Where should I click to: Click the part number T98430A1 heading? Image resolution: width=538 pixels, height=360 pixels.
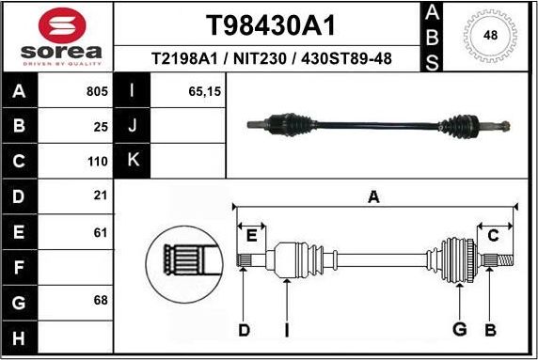click(x=271, y=23)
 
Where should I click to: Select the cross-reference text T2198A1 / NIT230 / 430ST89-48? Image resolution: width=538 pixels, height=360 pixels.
click(x=271, y=59)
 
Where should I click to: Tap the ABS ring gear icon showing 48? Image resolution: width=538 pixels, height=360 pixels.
click(x=490, y=36)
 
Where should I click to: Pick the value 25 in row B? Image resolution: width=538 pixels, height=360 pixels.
click(x=99, y=125)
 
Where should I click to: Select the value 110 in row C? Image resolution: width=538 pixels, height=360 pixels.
click(x=96, y=161)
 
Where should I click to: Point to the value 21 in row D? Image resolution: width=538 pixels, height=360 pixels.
click(x=99, y=196)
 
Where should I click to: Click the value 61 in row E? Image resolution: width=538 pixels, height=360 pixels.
click(x=99, y=231)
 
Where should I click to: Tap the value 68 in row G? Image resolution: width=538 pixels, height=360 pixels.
click(x=99, y=302)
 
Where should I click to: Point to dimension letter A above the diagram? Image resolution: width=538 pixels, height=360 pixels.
click(x=373, y=196)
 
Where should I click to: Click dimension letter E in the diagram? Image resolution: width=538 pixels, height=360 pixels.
click(x=251, y=235)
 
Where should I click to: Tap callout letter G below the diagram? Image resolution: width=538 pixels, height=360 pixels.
click(x=460, y=329)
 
